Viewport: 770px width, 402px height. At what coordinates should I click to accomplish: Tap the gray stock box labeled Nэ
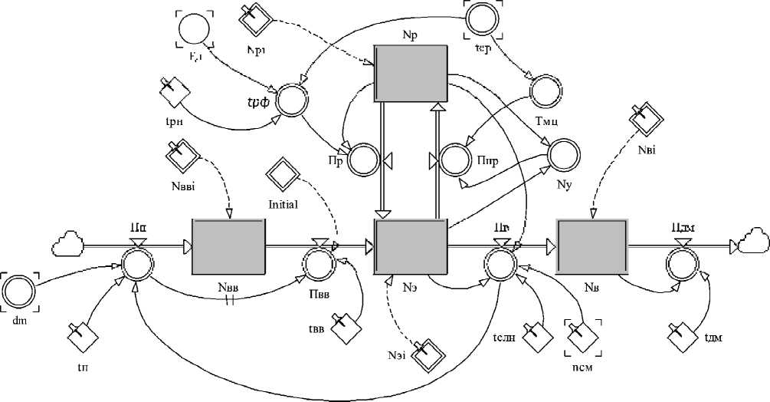coord(411,247)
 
